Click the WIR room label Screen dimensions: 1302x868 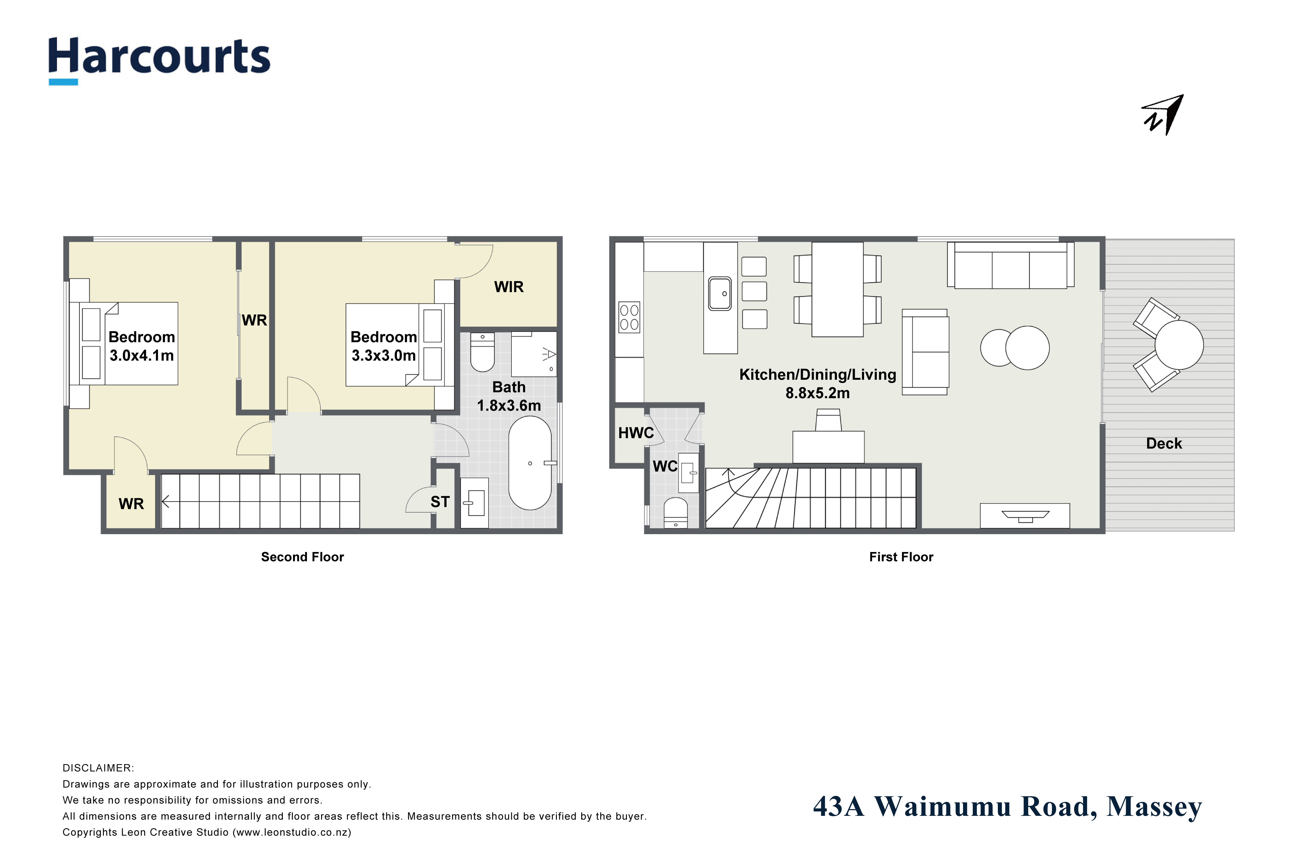coord(509,287)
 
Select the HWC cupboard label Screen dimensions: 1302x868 coord(636,433)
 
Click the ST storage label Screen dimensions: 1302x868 coord(440,502)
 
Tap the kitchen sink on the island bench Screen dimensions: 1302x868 coord(720,294)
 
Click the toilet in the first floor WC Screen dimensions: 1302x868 coord(675,513)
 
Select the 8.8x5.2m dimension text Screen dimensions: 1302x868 coord(818,393)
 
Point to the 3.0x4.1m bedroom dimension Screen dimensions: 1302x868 coord(142,355)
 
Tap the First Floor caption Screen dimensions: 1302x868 coord(901,557)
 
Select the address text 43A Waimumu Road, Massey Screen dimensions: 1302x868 coord(1008,807)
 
